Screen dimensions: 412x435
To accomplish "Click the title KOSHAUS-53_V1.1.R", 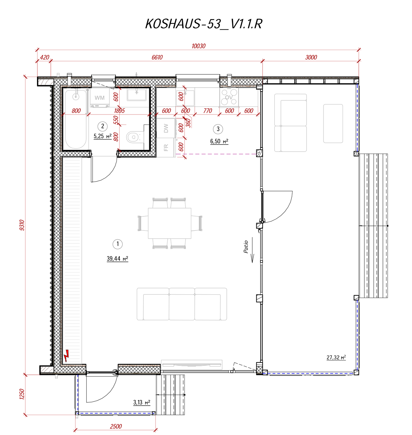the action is pyautogui.click(x=203, y=24).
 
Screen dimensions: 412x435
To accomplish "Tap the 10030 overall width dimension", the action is pyautogui.click(x=198, y=46).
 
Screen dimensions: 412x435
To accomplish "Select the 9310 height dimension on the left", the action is pyautogui.click(x=22, y=225).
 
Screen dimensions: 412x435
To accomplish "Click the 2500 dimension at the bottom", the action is pyautogui.click(x=116, y=426).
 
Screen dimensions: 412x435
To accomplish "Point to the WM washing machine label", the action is pyautogui.click(x=99, y=98).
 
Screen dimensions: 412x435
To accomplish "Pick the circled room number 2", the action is pyautogui.click(x=102, y=126).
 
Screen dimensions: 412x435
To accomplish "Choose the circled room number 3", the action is pyautogui.click(x=218, y=129).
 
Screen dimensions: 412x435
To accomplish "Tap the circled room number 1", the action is pyautogui.click(x=117, y=244).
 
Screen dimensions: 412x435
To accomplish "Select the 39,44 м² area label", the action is pyautogui.click(x=117, y=258).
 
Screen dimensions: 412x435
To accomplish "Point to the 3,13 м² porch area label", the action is pyautogui.click(x=142, y=402).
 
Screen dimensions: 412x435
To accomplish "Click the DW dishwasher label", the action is pyautogui.click(x=166, y=128).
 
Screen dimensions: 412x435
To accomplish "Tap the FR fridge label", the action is pyautogui.click(x=166, y=148).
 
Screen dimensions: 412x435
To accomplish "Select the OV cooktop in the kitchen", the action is pyautogui.click(x=229, y=97).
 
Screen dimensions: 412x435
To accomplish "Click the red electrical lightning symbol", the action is pyautogui.click(x=66, y=356).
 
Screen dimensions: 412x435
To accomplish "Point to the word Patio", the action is pyautogui.click(x=245, y=247).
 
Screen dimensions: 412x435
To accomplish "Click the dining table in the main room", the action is pyautogui.click(x=170, y=223).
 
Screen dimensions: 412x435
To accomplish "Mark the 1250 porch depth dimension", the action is pyautogui.click(x=22, y=394).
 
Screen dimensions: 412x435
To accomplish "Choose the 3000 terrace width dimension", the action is pyautogui.click(x=311, y=57).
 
